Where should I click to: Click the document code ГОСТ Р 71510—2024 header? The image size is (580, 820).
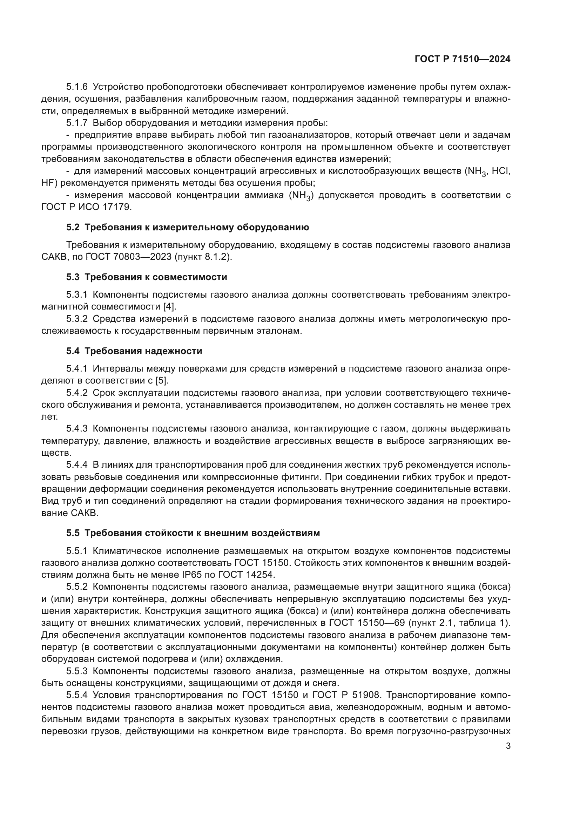pos(462,59)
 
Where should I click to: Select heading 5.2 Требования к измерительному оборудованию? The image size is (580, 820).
pos(188,227)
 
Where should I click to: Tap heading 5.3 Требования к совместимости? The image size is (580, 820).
pos(147,277)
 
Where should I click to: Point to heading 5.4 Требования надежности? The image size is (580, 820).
pos(134,351)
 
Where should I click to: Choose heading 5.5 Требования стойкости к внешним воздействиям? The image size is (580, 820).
pos(193,533)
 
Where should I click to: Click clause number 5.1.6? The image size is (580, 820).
pos(76,87)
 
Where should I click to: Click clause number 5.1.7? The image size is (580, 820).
pos(76,123)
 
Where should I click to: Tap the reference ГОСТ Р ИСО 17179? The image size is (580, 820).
pos(86,207)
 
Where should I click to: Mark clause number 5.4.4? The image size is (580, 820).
pos(76,465)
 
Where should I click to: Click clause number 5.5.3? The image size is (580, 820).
pos(76,671)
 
